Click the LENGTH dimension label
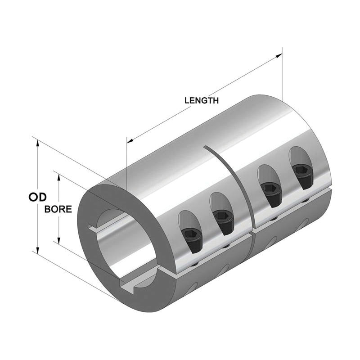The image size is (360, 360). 202,100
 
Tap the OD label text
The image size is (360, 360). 39,197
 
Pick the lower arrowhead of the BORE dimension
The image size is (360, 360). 58,239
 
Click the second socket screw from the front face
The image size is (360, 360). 220,218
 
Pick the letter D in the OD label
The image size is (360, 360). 44,197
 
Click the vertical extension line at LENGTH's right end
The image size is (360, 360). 282,76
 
